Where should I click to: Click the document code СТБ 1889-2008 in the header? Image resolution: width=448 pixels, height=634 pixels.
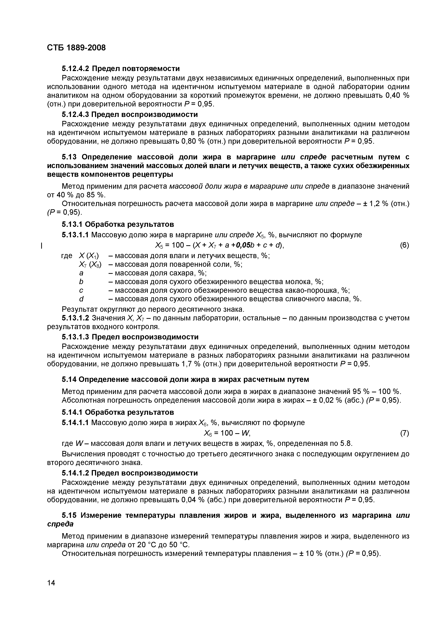tap(76, 48)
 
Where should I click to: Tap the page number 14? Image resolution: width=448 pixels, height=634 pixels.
tap(51, 583)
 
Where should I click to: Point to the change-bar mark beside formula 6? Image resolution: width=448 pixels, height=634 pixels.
tap(41, 245)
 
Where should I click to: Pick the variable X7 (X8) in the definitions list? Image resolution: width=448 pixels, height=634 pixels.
tap(90, 265)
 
